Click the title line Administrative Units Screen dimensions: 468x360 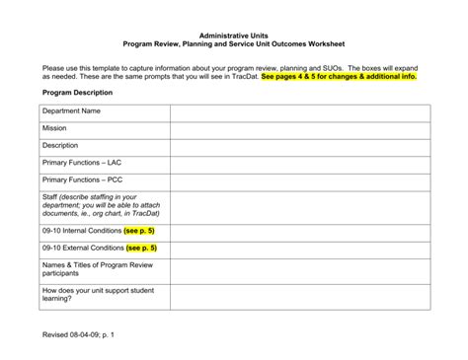(x=233, y=35)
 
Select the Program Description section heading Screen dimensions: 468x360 (x=77, y=92)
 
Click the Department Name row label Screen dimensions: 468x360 (x=71, y=111)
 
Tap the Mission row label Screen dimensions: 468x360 (x=54, y=128)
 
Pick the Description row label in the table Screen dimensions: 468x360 (x=60, y=145)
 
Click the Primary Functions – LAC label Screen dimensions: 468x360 (x=82, y=163)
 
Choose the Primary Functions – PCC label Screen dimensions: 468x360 (x=82, y=180)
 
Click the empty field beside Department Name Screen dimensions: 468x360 (x=300, y=111)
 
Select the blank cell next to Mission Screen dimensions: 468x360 (x=300, y=128)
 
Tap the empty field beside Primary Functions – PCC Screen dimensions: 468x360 (x=300, y=180)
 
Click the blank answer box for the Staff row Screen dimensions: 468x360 (x=300, y=205)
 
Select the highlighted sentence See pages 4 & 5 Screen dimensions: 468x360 (x=339, y=76)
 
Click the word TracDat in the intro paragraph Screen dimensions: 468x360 (x=243, y=76)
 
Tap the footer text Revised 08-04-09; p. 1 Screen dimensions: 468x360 (x=79, y=335)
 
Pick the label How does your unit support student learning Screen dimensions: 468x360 (x=98, y=296)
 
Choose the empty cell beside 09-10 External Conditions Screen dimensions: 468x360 (x=300, y=248)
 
